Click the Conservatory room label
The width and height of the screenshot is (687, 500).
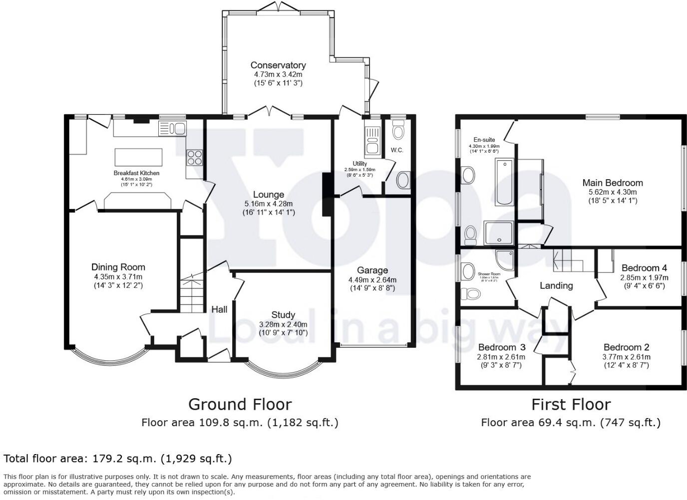pyautogui.click(x=278, y=65)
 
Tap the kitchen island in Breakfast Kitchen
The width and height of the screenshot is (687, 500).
pyautogui.click(x=139, y=157)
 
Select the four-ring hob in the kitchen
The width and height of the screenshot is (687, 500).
pyautogui.click(x=195, y=157)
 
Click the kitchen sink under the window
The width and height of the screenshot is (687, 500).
pyautogui.click(x=172, y=128)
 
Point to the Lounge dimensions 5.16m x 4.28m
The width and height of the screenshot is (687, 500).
pyautogui.click(x=269, y=204)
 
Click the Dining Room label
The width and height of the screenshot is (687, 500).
pyautogui.click(x=118, y=267)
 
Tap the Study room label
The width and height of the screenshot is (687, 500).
pyautogui.click(x=283, y=315)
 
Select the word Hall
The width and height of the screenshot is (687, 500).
pyautogui.click(x=219, y=309)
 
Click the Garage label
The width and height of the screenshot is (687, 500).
pyautogui.click(x=372, y=271)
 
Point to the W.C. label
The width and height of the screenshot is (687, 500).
pyautogui.click(x=397, y=150)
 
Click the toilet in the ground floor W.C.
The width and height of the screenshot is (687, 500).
pyautogui.click(x=398, y=131)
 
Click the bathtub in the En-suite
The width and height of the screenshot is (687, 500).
pyautogui.click(x=504, y=182)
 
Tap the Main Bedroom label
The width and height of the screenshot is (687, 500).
pyautogui.click(x=613, y=183)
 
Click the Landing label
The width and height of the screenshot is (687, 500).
pyautogui.click(x=556, y=285)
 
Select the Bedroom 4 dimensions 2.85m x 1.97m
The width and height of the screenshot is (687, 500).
pyautogui.click(x=644, y=277)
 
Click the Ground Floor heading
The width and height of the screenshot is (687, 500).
pyautogui.click(x=240, y=404)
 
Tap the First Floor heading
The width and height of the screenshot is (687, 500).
pyautogui.click(x=571, y=404)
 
